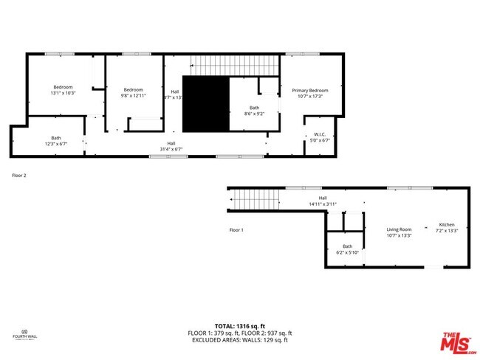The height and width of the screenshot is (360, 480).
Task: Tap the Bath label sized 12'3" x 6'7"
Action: [x=56, y=140]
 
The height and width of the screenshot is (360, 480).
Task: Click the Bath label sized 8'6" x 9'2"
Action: [x=253, y=111]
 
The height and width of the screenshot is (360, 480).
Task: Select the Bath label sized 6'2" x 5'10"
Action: [x=347, y=249]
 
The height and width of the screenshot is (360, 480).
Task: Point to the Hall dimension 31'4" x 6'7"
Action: [x=171, y=146]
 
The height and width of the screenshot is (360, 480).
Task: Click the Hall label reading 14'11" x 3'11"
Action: [x=322, y=201]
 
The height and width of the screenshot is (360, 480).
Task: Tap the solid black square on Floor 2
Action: [x=205, y=105]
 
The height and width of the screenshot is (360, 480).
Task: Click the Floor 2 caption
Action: [x=19, y=176]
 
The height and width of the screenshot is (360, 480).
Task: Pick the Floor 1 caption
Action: [x=236, y=230]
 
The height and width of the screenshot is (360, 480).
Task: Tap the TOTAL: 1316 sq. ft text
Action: [x=239, y=325]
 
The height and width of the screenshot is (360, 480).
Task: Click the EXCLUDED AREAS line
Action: [x=239, y=340]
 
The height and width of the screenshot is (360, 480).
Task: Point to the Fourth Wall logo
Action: [x=24, y=336]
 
